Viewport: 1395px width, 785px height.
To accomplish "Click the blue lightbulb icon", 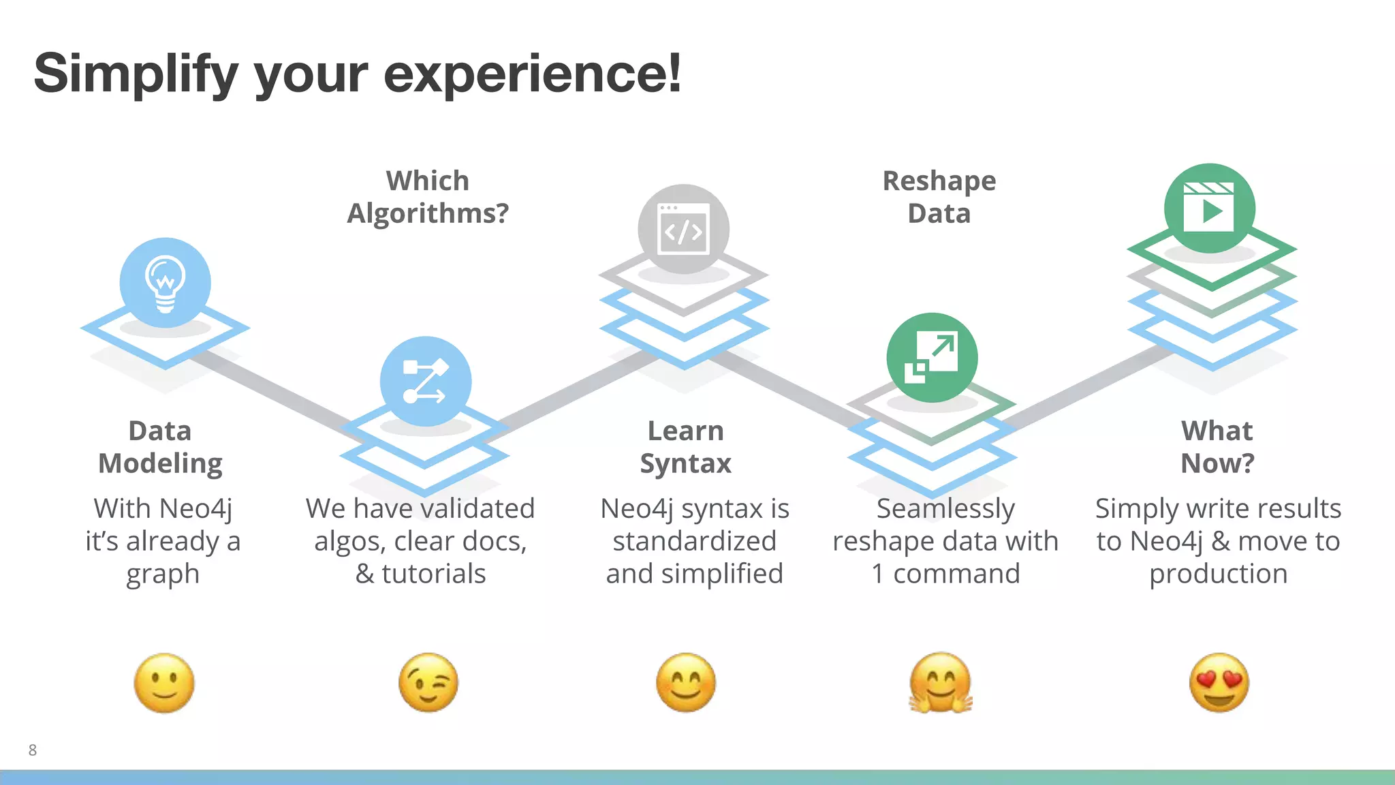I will click(165, 283).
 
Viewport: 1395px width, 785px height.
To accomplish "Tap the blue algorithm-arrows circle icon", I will click(425, 381).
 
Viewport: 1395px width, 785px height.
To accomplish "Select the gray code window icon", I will click(683, 230).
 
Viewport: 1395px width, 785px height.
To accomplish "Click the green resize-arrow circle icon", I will click(932, 358).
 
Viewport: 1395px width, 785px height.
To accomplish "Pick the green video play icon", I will click(1209, 209).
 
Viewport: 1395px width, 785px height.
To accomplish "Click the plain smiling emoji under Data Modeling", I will click(164, 683).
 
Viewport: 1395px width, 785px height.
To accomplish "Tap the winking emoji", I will click(428, 683).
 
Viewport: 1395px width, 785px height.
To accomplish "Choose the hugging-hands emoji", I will click(941, 683).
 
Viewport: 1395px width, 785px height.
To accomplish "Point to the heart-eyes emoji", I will click(1219, 683).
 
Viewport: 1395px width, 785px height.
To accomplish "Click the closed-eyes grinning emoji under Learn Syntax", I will click(685, 683).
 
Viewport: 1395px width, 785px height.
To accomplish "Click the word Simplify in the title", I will click(136, 74).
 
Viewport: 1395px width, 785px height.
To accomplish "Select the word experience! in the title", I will click(532, 74).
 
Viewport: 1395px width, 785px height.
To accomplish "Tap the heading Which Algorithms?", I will click(428, 197).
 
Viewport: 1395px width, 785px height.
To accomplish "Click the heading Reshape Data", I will click(939, 197).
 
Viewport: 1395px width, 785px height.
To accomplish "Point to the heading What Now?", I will click(1217, 447).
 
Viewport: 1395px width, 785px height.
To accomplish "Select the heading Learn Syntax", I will click(685, 447).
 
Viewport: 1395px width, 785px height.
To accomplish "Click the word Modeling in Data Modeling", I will click(160, 464).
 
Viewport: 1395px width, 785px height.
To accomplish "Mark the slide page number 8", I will click(33, 750).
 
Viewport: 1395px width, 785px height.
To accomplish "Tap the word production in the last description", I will click(1218, 574).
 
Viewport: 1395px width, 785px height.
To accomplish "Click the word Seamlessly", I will click(945, 509).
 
